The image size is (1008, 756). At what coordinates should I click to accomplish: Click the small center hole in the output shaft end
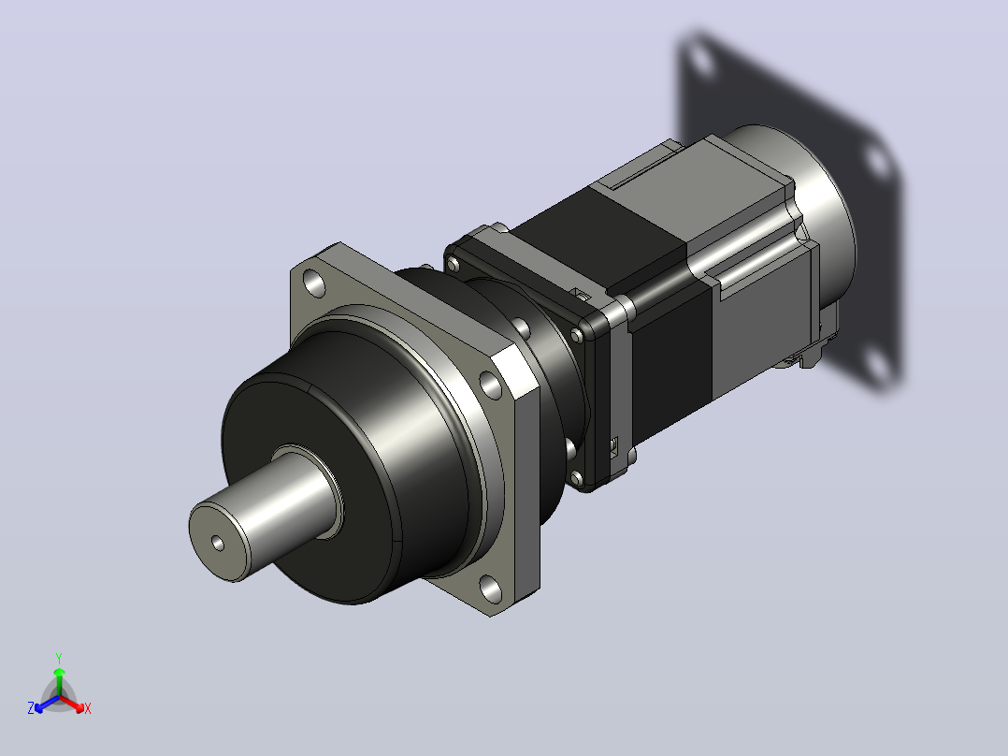(218, 544)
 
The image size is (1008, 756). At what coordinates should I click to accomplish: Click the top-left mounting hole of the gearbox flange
(314, 283)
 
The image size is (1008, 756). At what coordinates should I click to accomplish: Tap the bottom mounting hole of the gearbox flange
(492, 589)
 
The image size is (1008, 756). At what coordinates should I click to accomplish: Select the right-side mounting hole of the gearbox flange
(491, 385)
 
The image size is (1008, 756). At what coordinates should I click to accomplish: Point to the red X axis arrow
(72, 704)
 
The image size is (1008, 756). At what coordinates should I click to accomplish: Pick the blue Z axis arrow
(47, 704)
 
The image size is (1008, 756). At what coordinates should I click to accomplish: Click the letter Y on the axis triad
(59, 658)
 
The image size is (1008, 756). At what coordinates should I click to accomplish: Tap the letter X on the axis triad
(88, 709)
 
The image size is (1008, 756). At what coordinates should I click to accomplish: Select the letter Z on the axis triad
(31, 708)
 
